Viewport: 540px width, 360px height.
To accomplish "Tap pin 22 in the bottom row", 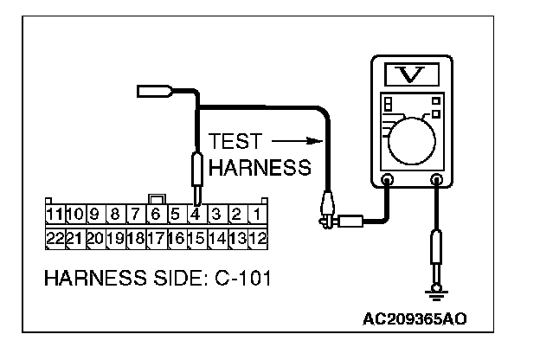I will (x=55, y=236).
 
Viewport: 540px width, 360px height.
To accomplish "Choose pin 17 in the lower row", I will (x=156, y=236).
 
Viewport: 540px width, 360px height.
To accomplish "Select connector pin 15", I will (x=196, y=236).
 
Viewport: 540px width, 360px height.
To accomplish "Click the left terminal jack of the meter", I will (x=388, y=181).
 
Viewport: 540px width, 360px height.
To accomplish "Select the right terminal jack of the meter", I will (x=437, y=181).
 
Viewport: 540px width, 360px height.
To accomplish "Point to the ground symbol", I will (x=437, y=294).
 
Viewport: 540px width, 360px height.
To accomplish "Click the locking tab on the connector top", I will (x=157, y=199).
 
